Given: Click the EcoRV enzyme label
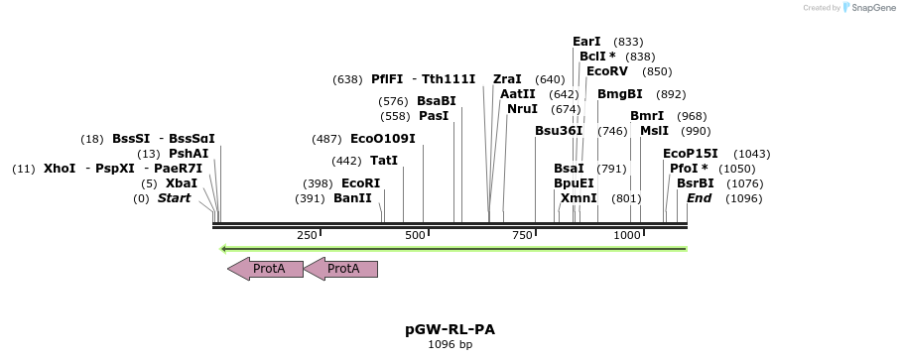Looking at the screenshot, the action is click(607, 71).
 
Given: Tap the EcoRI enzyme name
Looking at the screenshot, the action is click(361, 183).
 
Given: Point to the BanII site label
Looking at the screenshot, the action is click(353, 198).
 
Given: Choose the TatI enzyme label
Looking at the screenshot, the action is click(384, 160).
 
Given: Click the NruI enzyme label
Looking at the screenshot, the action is click(522, 109).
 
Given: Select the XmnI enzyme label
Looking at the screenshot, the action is click(579, 198).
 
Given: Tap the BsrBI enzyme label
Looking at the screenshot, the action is click(696, 183).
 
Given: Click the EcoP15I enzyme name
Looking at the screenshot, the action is click(691, 154).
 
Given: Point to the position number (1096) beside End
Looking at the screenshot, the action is click(743, 198).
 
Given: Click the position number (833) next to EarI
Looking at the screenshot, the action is click(628, 42).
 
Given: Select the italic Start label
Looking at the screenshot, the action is click(174, 198).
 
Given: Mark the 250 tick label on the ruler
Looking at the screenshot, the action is click(307, 235).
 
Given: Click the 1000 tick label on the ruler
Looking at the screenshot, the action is click(627, 235).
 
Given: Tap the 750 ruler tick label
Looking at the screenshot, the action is click(522, 235).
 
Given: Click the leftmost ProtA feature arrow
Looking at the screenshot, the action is click(265, 268).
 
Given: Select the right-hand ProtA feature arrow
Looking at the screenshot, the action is click(340, 268).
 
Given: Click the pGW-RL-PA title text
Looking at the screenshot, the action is click(450, 328).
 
